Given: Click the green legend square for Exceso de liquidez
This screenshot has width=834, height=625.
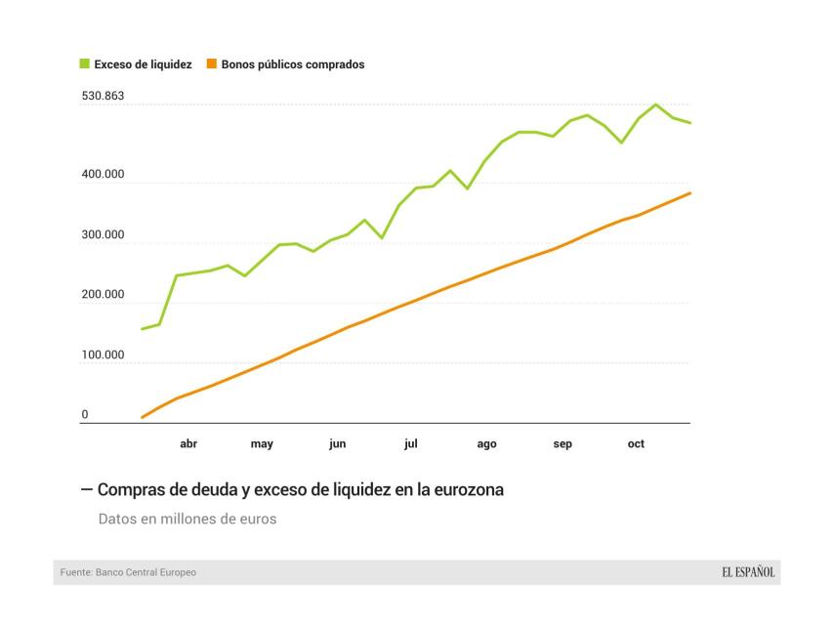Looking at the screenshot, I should pyautogui.click(x=85, y=64).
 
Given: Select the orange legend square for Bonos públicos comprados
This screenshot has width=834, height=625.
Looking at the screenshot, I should pyautogui.click(x=212, y=64).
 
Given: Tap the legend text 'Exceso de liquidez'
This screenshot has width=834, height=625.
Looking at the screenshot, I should pyautogui.click(x=143, y=64).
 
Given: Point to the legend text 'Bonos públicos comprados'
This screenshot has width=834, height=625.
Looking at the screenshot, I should pyautogui.click(x=293, y=64).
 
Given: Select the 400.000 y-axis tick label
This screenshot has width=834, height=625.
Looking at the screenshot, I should pyautogui.click(x=103, y=174).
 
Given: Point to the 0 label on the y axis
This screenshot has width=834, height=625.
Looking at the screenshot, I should pyautogui.click(x=85, y=415).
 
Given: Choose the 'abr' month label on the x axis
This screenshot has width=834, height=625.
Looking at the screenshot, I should pyautogui.click(x=188, y=444).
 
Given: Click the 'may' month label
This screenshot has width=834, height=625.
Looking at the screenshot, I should pyautogui.click(x=262, y=444).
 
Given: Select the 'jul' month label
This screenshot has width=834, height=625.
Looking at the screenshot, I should pyautogui.click(x=411, y=444).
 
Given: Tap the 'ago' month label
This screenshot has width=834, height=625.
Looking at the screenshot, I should pyautogui.click(x=486, y=444).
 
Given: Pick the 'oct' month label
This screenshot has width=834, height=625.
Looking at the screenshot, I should pyautogui.click(x=636, y=444).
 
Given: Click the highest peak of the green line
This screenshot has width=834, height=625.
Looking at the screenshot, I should pyautogui.click(x=655, y=104).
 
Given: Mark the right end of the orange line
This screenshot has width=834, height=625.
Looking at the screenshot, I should pyautogui.click(x=689, y=193).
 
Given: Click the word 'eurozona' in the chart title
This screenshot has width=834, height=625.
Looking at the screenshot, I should pyautogui.click(x=471, y=490).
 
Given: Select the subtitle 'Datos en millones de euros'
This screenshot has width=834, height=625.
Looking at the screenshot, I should pyautogui.click(x=188, y=520).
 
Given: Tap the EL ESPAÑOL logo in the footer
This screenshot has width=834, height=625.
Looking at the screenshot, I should pyautogui.click(x=748, y=572).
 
